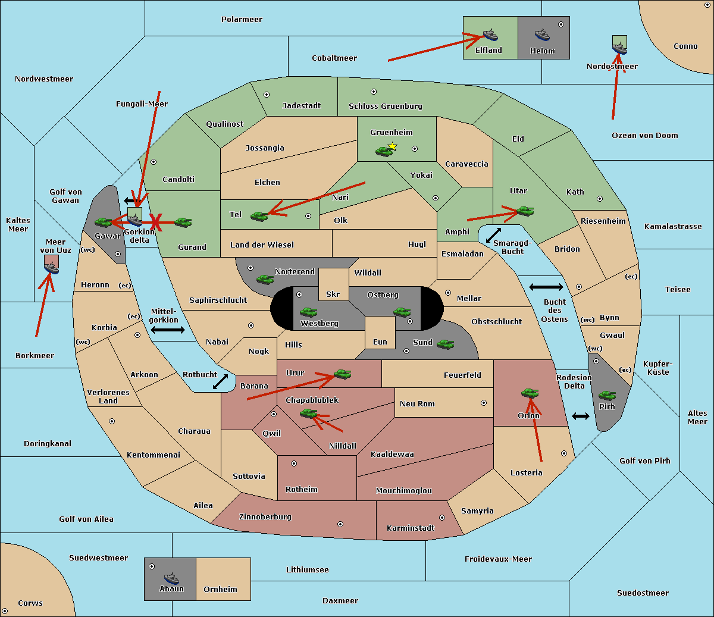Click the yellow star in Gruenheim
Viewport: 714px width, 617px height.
pyautogui.click(x=393, y=146)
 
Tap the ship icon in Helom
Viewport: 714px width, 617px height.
pyautogui.click(x=542, y=35)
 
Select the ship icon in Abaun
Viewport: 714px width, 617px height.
pyautogui.click(x=171, y=578)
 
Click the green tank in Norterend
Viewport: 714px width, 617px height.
pyautogui.click(x=265, y=279)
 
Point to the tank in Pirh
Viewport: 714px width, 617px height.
pyautogui.click(x=607, y=395)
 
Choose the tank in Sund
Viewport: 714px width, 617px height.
pyautogui.click(x=445, y=344)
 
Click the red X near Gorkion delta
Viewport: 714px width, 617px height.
pyautogui.click(x=156, y=222)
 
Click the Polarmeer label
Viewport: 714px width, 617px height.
pyautogui.click(x=242, y=20)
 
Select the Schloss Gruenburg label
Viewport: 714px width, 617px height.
pyautogui.click(x=386, y=106)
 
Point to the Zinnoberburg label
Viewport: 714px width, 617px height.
pyautogui.click(x=265, y=516)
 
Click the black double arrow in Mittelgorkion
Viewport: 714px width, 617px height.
pyautogui.click(x=168, y=330)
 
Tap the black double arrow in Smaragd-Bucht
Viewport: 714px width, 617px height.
pyautogui.click(x=493, y=235)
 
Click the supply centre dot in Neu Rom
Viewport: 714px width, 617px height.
pyautogui.click(x=484, y=403)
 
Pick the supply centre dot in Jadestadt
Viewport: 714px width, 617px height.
pyautogui.click(x=267, y=95)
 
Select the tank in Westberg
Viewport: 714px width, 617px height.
pyautogui.click(x=308, y=312)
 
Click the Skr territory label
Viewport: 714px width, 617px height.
pyautogui.click(x=333, y=294)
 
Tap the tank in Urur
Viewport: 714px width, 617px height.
pyautogui.click(x=342, y=374)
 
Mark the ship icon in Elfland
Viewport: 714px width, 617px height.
pyautogui.click(x=490, y=35)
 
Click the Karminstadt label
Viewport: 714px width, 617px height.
pyautogui.click(x=411, y=528)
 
